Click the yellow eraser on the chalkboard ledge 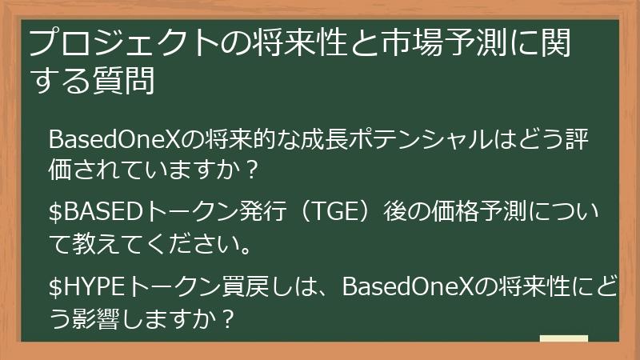click(563, 339)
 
